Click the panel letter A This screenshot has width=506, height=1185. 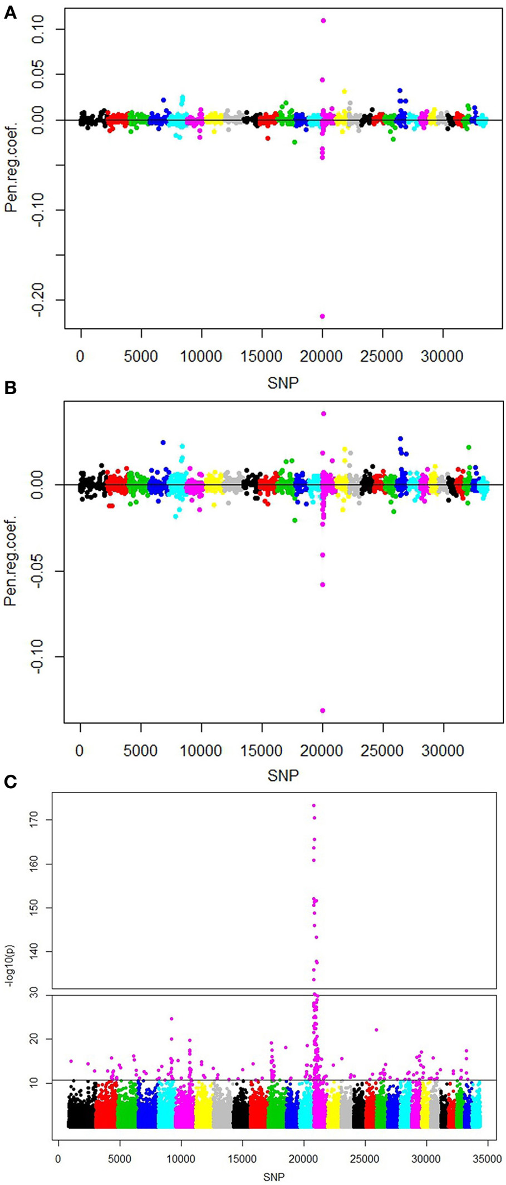tap(10, 13)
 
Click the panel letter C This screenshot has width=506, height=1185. tap(10, 781)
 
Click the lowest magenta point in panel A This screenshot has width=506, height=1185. tap(322, 316)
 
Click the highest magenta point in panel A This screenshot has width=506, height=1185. tap(323, 21)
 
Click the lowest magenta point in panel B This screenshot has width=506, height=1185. tap(322, 710)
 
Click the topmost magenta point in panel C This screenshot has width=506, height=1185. tap(314, 805)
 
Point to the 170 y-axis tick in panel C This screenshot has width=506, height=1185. tap(35, 820)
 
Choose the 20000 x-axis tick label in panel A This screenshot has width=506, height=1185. tap(322, 357)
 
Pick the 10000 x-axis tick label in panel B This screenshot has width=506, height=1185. tap(201, 751)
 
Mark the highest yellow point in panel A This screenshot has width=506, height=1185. tap(344, 91)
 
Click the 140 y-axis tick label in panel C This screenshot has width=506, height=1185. tap(35, 952)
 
